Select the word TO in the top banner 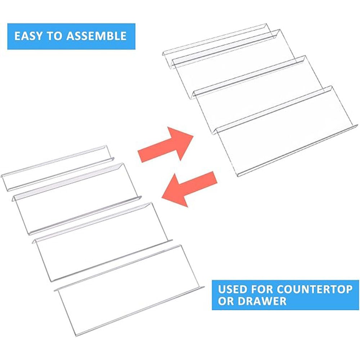54,36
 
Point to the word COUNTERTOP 315,289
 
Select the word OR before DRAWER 226,301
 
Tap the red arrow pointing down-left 189,189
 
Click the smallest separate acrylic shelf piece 57,168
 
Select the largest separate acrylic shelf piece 129,291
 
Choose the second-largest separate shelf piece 102,242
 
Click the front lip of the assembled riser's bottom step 298,150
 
